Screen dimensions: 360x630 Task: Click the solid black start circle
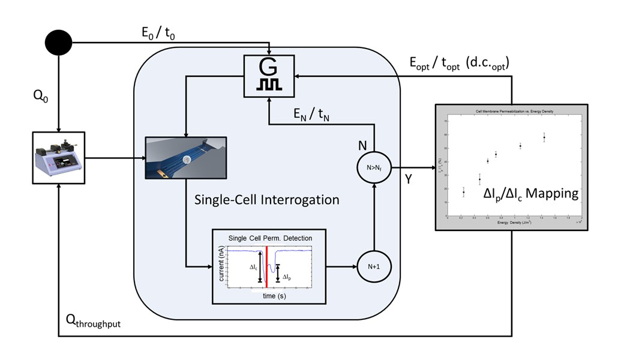click(59, 43)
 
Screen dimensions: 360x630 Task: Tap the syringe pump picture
click(58, 157)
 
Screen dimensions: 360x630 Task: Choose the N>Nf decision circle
click(374, 168)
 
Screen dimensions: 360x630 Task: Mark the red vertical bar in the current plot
click(266, 266)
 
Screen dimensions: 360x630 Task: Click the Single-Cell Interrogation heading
click(266, 199)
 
